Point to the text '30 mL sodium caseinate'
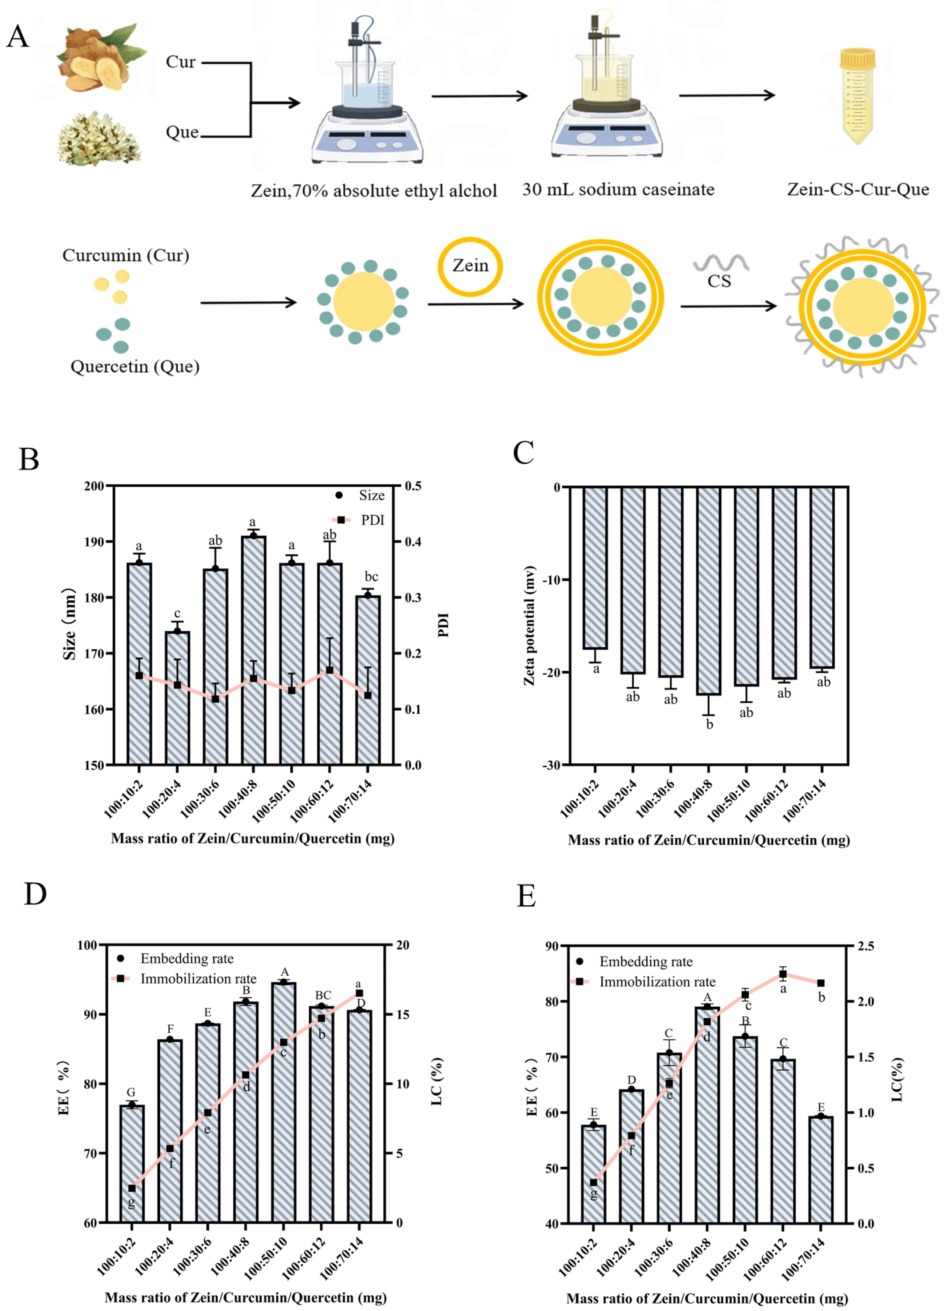point(618,190)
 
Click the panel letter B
point(29,459)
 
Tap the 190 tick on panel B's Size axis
point(95,542)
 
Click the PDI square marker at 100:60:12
point(330,670)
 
